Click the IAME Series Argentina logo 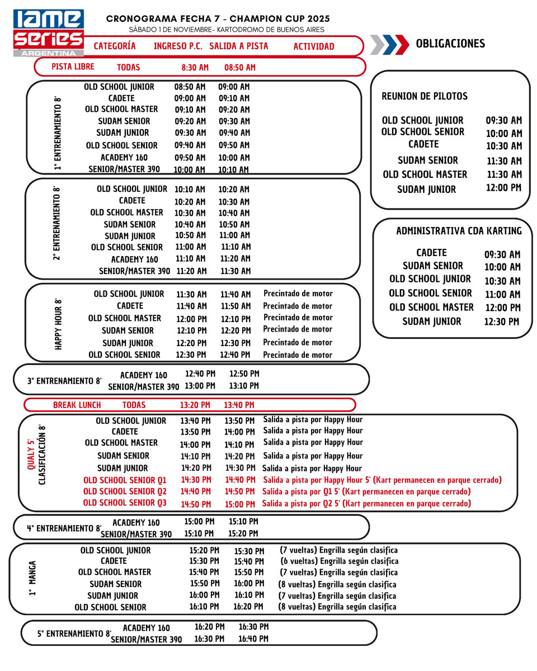coord(49,32)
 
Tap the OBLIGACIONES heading coord(450,44)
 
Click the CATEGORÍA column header coord(115,46)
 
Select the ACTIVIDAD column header coord(313,46)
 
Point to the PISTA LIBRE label coord(73,67)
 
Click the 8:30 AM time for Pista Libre coord(195,68)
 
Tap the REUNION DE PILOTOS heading coord(425,96)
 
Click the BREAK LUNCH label coord(77,405)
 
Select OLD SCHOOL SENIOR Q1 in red coord(125,480)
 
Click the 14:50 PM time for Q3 coord(196,504)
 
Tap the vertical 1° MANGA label coord(32,578)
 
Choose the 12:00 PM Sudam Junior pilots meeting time coord(503,188)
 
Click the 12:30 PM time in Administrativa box coord(502,322)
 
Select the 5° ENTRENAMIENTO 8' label coord(74,634)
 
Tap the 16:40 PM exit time coord(253,639)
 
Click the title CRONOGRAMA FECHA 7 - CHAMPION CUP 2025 coord(218,19)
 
